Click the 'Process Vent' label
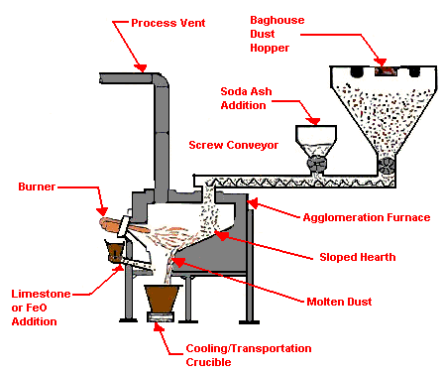[167, 23]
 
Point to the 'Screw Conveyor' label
[234, 145]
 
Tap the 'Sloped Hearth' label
[357, 257]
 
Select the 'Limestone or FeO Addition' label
[41, 308]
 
